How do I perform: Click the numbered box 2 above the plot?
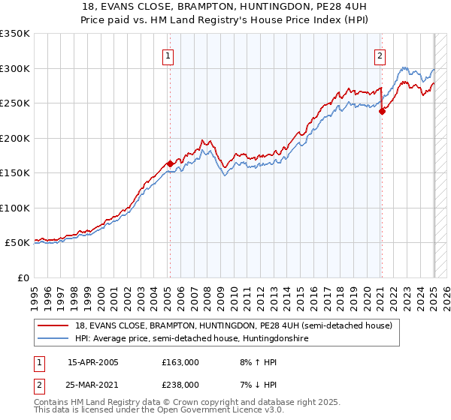(380, 55)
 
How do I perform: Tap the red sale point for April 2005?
(171, 163)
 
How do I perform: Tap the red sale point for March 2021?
(383, 111)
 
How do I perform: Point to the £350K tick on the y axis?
(15, 34)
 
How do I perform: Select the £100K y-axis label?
(15, 208)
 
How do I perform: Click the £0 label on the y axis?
(23, 277)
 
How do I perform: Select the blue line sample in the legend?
(53, 338)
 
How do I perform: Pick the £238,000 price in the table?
(180, 384)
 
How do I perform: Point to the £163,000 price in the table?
(180, 361)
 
